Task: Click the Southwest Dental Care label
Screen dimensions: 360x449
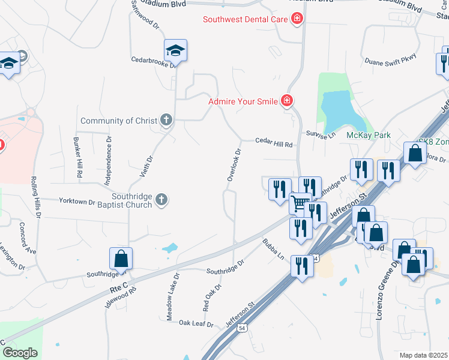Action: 246,19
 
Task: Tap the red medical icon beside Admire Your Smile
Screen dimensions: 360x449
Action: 288,101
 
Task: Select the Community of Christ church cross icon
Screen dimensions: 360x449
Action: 166,121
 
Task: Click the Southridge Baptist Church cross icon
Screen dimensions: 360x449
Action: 161,200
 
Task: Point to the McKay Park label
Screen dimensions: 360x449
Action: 369,135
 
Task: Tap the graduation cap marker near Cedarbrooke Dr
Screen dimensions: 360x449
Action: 176,50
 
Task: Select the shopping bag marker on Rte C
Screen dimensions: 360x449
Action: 121,259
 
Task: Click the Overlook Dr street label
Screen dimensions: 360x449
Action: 234,164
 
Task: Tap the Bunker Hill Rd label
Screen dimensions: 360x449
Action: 78,157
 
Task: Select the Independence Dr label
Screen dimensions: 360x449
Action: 109,154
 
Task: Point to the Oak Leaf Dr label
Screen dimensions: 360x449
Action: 196,323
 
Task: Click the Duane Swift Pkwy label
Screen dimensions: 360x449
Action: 390,60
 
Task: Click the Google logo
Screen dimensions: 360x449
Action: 20,352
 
